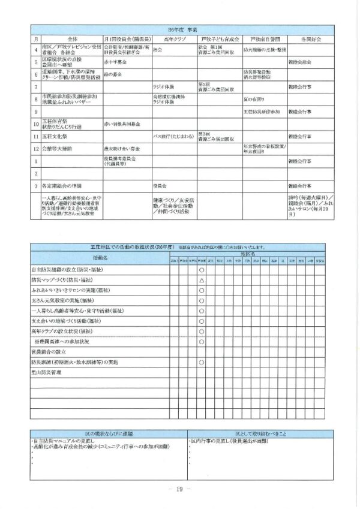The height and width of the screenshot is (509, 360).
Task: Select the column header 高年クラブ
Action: [174, 37]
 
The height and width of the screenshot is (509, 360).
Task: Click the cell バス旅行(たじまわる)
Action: [173, 135]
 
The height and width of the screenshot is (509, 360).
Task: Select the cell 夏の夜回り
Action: [254, 98]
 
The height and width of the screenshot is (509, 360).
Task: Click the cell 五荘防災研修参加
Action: [262, 112]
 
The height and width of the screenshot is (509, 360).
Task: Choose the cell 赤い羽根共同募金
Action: [122, 124]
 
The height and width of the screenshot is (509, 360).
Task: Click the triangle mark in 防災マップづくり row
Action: [202, 280]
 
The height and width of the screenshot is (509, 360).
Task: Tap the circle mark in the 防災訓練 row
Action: [202, 363]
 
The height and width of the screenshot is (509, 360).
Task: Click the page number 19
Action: [179, 489]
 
